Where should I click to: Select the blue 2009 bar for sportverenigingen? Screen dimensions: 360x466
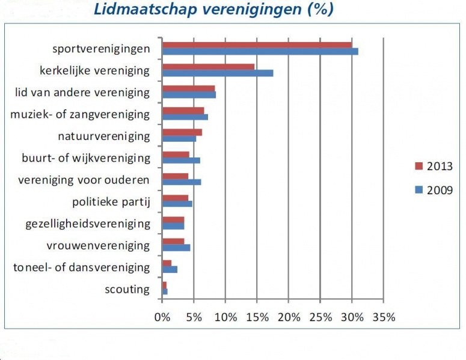260,52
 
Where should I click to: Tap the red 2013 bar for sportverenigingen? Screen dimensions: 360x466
257,44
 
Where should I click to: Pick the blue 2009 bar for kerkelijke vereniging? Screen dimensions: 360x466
218,73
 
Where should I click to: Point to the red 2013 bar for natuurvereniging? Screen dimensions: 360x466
182,132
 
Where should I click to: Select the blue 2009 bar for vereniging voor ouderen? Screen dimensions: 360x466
182,182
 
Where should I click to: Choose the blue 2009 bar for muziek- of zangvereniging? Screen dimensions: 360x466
185,117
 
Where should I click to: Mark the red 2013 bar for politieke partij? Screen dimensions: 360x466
176,197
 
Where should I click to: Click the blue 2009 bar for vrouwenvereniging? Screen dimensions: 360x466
176,248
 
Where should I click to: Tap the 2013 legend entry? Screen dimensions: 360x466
433,166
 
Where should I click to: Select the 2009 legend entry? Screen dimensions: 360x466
433,191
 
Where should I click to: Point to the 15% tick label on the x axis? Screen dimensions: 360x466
257,317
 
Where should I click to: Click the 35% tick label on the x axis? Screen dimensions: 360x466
382,317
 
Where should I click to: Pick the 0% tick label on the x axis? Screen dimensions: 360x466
162,317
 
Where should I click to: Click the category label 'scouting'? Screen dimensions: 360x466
127,289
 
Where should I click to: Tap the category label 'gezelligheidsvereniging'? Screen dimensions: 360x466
88,224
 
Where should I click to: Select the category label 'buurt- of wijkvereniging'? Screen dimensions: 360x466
85,158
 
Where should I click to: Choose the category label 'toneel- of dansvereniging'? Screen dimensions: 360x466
81,267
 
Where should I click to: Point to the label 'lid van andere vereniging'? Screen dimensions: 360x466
82,93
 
